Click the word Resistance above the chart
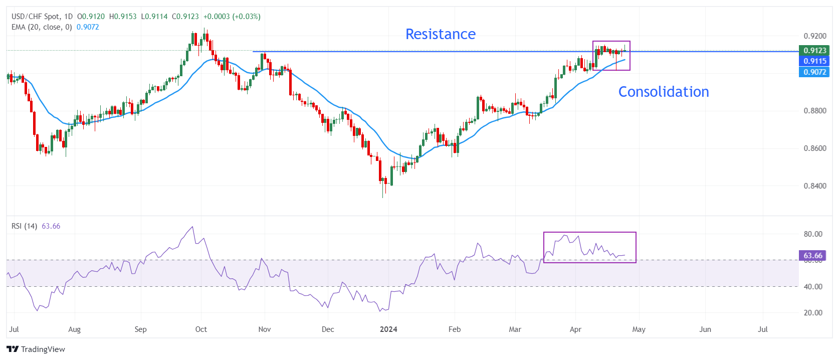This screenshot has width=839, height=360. [x=440, y=34]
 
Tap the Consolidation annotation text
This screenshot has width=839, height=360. [x=663, y=92]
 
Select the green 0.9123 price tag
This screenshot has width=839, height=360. [x=814, y=50]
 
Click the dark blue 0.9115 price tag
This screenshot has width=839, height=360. [x=814, y=61]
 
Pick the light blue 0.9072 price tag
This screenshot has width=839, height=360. [x=814, y=72]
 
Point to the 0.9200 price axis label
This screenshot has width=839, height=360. [x=815, y=36]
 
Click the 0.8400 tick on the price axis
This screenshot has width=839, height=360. [x=815, y=186]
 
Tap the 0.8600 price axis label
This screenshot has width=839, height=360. [x=815, y=148]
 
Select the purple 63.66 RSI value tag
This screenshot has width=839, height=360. [x=812, y=256]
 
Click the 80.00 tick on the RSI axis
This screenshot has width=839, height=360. [x=813, y=234]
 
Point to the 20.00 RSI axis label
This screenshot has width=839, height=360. [x=813, y=313]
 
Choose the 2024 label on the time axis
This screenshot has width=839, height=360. [x=388, y=329]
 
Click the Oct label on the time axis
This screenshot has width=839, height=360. [x=201, y=329]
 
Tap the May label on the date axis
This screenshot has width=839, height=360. [x=639, y=329]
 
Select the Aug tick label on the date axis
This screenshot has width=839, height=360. [x=74, y=329]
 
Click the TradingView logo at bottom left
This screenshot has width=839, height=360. [x=36, y=349]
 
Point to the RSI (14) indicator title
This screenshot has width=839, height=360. [x=24, y=226]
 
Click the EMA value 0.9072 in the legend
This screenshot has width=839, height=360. [x=88, y=27]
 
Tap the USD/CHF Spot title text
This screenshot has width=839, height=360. [x=36, y=17]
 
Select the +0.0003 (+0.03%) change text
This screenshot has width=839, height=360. [x=232, y=17]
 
